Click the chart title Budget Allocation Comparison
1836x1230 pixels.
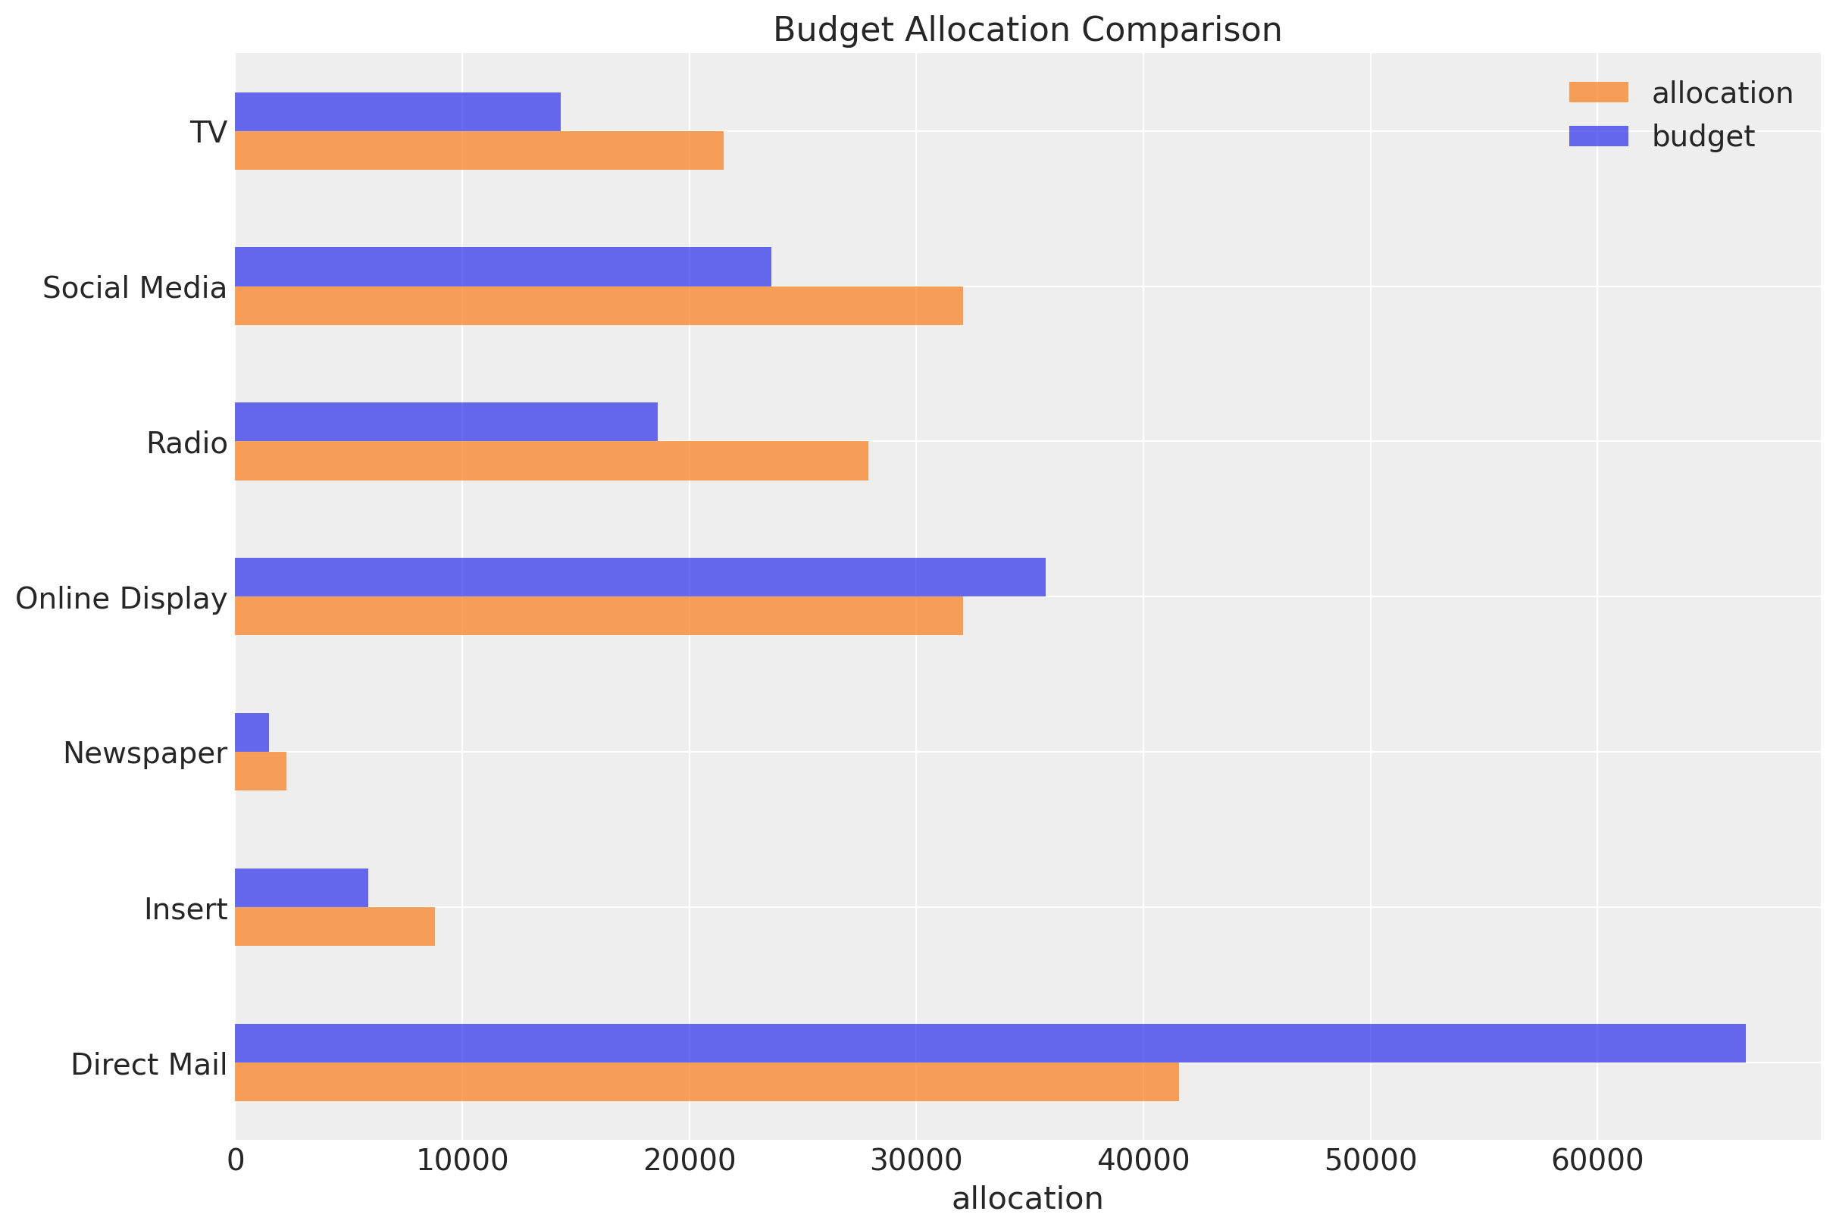[x=1027, y=30]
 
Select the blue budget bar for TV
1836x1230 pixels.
[x=397, y=111]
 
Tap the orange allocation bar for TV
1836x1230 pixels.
[x=478, y=151]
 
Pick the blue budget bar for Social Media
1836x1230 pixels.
[x=502, y=267]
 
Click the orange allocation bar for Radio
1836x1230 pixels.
[x=551, y=461]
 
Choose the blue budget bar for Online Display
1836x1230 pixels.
[x=640, y=577]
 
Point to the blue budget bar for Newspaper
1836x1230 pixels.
[x=252, y=732]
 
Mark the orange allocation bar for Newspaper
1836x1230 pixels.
[x=261, y=771]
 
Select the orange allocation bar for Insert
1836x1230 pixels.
[x=334, y=926]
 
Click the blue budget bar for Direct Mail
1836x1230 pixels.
[x=990, y=1043]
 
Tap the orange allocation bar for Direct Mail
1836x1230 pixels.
[x=706, y=1081]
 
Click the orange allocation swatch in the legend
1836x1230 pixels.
[x=1598, y=92]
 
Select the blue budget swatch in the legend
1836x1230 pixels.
[x=1598, y=136]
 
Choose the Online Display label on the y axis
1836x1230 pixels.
[x=121, y=599]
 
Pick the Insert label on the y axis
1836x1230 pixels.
[x=186, y=909]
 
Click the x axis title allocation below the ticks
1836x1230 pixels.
[x=1027, y=1199]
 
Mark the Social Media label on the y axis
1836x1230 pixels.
[x=134, y=288]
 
